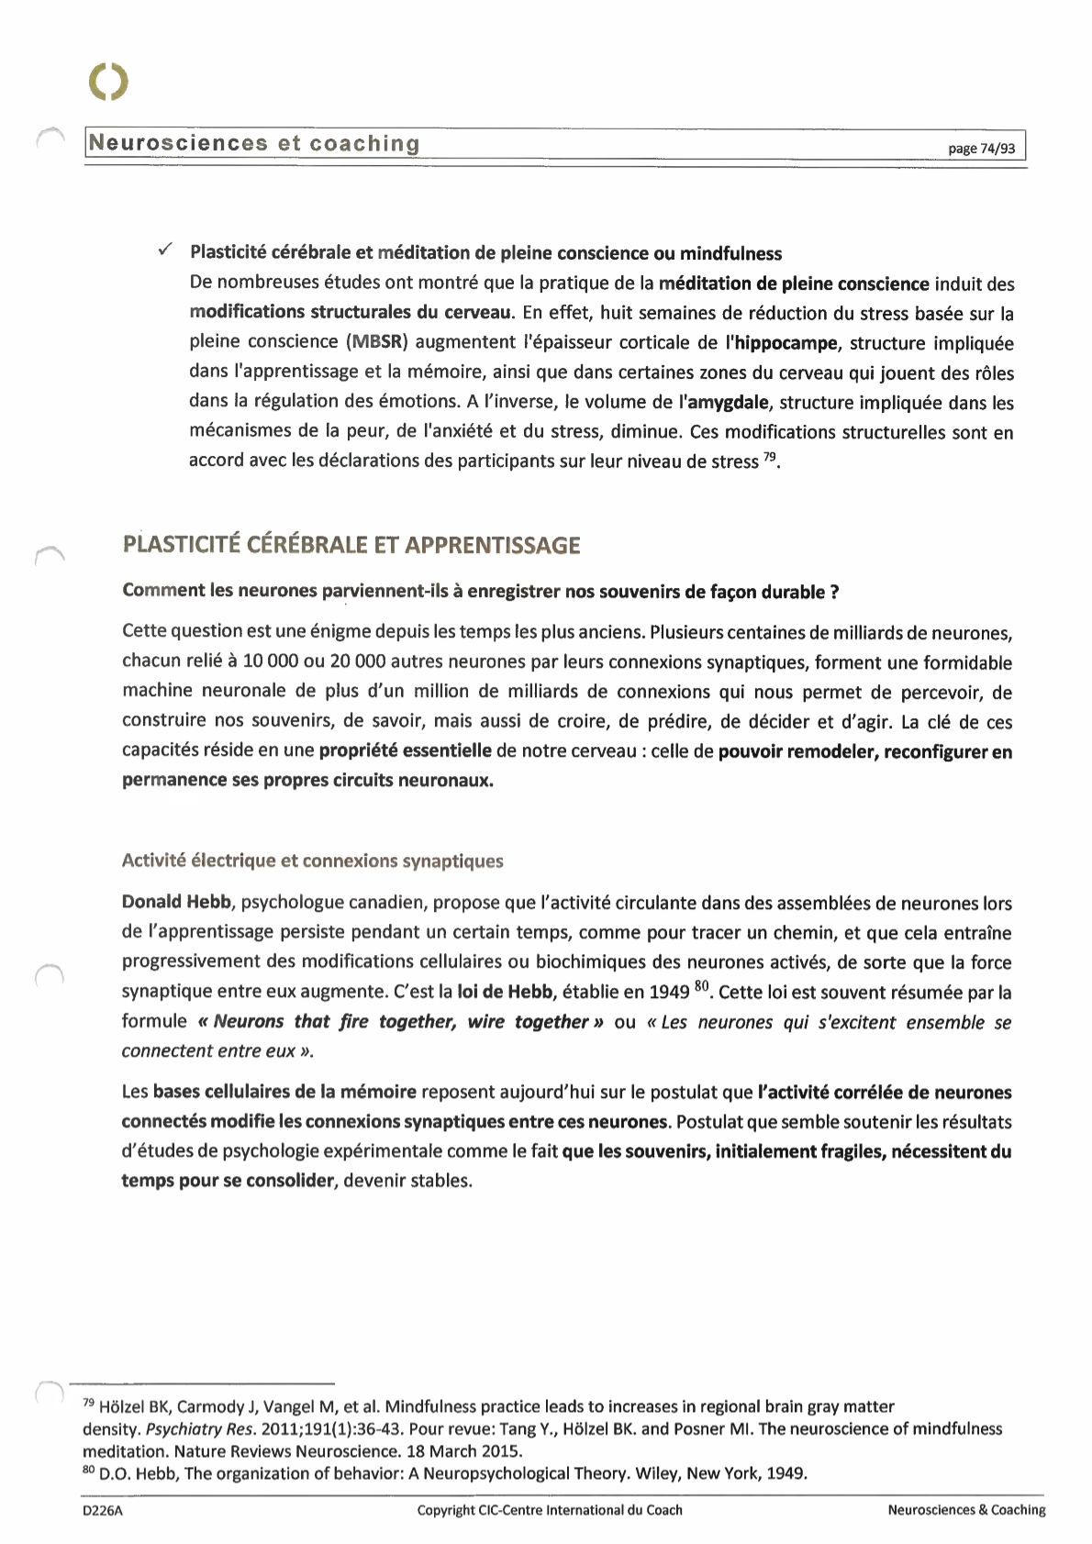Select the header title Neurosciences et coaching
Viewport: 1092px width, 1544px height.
pyautogui.click(x=254, y=143)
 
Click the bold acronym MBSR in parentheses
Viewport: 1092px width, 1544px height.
pyautogui.click(x=376, y=342)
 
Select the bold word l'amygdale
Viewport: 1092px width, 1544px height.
pyautogui.click(x=723, y=402)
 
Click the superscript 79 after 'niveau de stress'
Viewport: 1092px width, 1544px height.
pyautogui.click(x=769, y=456)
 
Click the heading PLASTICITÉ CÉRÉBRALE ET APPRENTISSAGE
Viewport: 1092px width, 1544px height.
pyautogui.click(x=351, y=545)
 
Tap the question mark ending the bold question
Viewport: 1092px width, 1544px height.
pyautogui.click(x=833, y=592)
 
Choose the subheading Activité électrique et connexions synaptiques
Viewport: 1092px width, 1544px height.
pyautogui.click(x=312, y=861)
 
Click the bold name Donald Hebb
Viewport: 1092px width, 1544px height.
pyautogui.click(x=176, y=902)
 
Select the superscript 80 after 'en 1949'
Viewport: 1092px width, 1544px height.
pyautogui.click(x=702, y=987)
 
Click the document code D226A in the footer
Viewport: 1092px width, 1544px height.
pyautogui.click(x=103, y=1510)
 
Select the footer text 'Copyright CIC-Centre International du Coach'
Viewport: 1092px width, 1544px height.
pyautogui.click(x=550, y=1510)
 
